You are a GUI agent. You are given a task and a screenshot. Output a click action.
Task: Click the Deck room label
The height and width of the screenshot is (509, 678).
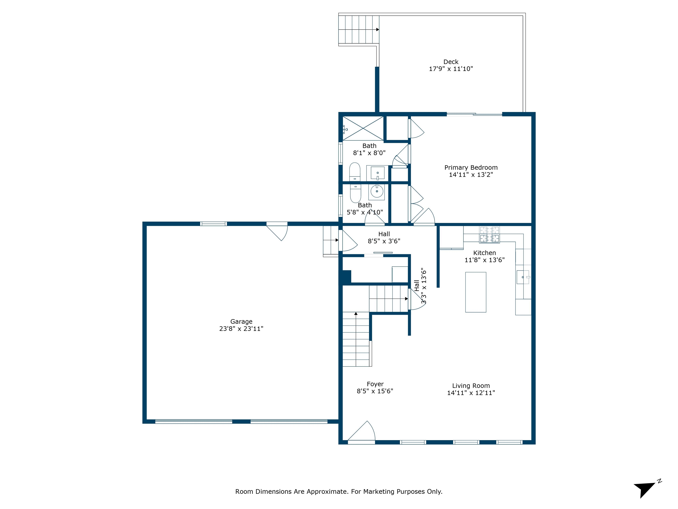(451, 62)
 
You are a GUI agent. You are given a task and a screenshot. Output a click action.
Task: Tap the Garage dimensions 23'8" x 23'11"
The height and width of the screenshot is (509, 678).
(241, 329)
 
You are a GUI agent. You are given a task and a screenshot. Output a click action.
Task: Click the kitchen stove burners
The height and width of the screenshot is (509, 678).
(489, 234)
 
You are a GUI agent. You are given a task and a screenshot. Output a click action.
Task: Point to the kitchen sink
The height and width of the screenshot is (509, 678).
(523, 277)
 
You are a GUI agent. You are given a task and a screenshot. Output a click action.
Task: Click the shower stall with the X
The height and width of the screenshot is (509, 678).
(363, 128)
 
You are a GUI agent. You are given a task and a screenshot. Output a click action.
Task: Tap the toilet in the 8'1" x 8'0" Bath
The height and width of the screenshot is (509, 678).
(355, 172)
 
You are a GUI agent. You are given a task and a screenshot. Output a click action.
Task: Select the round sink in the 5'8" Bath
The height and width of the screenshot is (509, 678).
(377, 192)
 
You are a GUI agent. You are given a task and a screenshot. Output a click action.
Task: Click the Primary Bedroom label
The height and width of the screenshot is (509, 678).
(471, 167)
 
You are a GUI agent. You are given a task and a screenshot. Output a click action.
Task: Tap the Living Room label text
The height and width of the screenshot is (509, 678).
(471, 386)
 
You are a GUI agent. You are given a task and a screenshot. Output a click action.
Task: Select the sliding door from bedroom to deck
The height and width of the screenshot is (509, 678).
(474, 114)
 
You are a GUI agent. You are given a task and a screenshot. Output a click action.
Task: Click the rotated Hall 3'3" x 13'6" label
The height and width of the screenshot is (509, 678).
(420, 286)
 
